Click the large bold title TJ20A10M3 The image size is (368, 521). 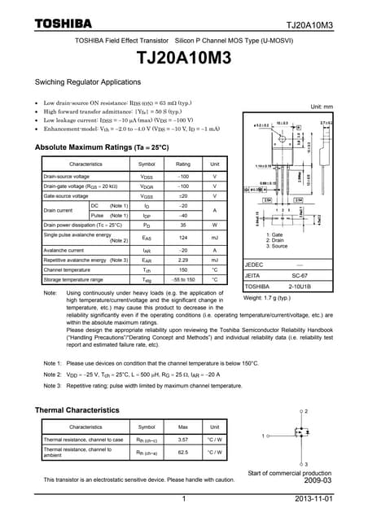(184, 59)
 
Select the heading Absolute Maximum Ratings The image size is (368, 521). (102, 147)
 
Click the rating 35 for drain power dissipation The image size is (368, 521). (183, 224)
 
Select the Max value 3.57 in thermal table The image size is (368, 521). (183, 440)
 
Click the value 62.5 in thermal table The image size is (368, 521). (183, 453)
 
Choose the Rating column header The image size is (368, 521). (183, 164)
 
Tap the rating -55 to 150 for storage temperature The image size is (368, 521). (183, 279)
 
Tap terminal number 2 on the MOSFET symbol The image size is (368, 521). (305, 412)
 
